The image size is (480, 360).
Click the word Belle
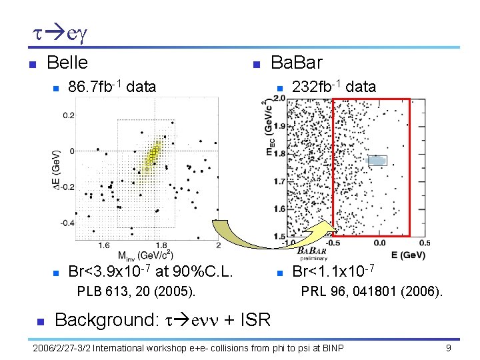(x=67, y=63)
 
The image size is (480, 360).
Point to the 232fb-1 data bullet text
(x=334, y=86)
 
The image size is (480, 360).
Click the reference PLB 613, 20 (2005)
(x=136, y=291)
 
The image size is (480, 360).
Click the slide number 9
(x=449, y=348)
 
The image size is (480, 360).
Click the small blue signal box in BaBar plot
(x=377, y=160)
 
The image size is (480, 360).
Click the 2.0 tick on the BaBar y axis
(x=279, y=98)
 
